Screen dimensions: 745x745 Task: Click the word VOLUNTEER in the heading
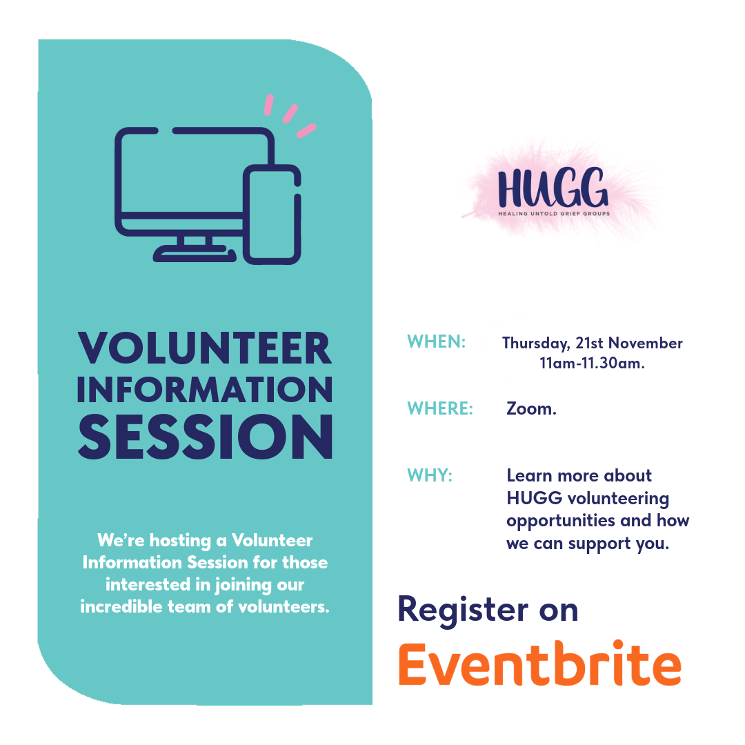pos(205,348)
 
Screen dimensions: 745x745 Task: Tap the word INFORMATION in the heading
pos(205,390)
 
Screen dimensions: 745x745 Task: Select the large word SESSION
pos(206,436)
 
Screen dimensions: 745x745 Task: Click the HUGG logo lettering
pos(553,187)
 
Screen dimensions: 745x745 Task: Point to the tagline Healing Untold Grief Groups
pos(554,213)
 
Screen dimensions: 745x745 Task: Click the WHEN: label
pos(436,341)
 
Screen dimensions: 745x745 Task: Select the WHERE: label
pos(440,408)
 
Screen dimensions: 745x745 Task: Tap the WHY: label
pos(430,475)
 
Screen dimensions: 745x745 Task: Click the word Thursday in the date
pos(536,344)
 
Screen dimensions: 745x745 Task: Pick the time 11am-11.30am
pos(592,364)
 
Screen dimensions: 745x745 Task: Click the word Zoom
pos(531,408)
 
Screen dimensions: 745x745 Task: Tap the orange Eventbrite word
pos(539,664)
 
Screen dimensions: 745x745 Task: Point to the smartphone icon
pos(272,215)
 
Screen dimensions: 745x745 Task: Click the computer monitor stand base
pos(195,254)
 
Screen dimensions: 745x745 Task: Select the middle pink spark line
pos(290,114)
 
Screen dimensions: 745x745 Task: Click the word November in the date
pos(646,343)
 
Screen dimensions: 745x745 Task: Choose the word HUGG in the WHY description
pos(535,499)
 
